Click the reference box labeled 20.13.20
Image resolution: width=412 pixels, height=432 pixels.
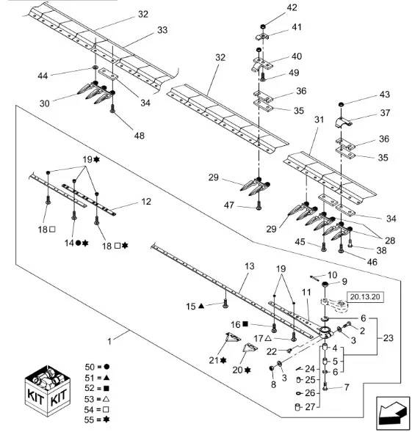(365, 297)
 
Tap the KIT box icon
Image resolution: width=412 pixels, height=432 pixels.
(48, 390)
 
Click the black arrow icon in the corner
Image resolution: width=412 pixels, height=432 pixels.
(393, 413)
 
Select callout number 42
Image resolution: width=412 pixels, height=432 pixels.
(292, 7)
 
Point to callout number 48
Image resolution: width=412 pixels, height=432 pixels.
(140, 136)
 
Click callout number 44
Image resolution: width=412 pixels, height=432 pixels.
(43, 76)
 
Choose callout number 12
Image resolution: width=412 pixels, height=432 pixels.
(146, 202)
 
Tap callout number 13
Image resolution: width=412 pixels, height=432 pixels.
(250, 266)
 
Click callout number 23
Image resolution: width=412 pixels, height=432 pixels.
(388, 338)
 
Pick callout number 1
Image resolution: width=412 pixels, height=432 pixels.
(109, 342)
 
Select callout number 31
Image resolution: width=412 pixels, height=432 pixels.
(319, 120)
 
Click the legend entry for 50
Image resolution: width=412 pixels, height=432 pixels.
(97, 367)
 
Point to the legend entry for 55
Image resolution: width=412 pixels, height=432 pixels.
(97, 420)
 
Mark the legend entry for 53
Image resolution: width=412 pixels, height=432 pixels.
(97, 399)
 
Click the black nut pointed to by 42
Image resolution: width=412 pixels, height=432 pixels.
(262, 26)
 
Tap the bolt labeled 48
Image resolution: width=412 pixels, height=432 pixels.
(112, 109)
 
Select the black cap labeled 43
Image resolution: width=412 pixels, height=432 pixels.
(341, 104)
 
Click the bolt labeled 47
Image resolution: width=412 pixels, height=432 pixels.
(259, 205)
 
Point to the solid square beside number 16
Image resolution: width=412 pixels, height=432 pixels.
(245, 324)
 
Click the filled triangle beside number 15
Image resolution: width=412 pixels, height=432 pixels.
(201, 306)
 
